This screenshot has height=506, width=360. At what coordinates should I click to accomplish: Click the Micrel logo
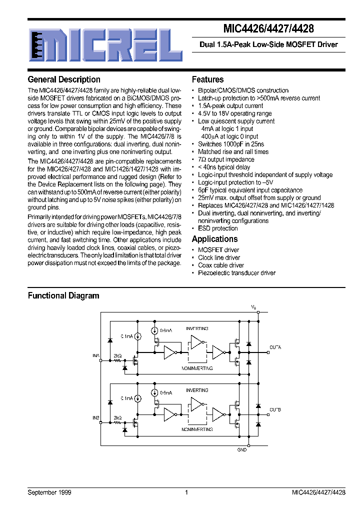104,44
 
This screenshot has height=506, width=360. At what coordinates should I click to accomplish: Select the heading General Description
64,79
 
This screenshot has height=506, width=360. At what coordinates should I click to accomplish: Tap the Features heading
207,79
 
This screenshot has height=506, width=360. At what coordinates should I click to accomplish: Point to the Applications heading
214,239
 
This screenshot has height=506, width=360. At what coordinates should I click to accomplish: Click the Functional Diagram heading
63,295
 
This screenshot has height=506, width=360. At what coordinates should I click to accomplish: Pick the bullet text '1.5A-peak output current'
230,106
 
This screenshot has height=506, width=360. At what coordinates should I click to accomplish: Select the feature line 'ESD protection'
218,228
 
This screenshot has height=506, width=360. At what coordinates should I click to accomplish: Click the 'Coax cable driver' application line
221,265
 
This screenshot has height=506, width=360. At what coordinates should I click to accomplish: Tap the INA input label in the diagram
96,355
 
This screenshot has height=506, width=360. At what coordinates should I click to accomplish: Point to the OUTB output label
275,409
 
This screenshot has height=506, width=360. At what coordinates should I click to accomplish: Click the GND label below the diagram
241,450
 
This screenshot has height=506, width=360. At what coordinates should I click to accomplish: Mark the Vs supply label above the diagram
253,306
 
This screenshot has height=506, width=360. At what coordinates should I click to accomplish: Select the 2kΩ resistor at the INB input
118,422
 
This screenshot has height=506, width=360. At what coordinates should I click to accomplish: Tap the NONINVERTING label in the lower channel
197,429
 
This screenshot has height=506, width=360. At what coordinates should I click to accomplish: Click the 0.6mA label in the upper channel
165,330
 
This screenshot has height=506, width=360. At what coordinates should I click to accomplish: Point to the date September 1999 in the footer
49,492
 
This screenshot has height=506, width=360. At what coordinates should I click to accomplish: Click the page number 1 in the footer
186,492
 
